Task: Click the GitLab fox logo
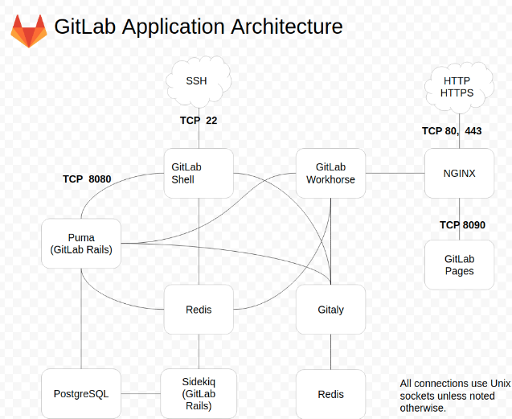[28, 30]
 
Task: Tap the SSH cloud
[198, 80]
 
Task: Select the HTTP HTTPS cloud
[458, 87]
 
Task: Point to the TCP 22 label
[199, 121]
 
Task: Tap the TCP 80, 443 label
[452, 131]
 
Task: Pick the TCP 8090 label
[462, 225]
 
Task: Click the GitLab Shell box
[199, 173]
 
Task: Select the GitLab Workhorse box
[330, 173]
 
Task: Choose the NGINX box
[459, 173]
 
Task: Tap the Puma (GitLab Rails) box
[80, 244]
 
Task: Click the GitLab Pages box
[459, 265]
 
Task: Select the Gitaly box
[330, 310]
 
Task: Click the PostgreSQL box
[80, 393]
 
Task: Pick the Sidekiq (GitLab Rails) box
[199, 393]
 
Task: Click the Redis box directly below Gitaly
[330, 394]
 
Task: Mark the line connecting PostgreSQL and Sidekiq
[141, 394]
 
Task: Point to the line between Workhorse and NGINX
[395, 173]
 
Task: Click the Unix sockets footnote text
[454, 396]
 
